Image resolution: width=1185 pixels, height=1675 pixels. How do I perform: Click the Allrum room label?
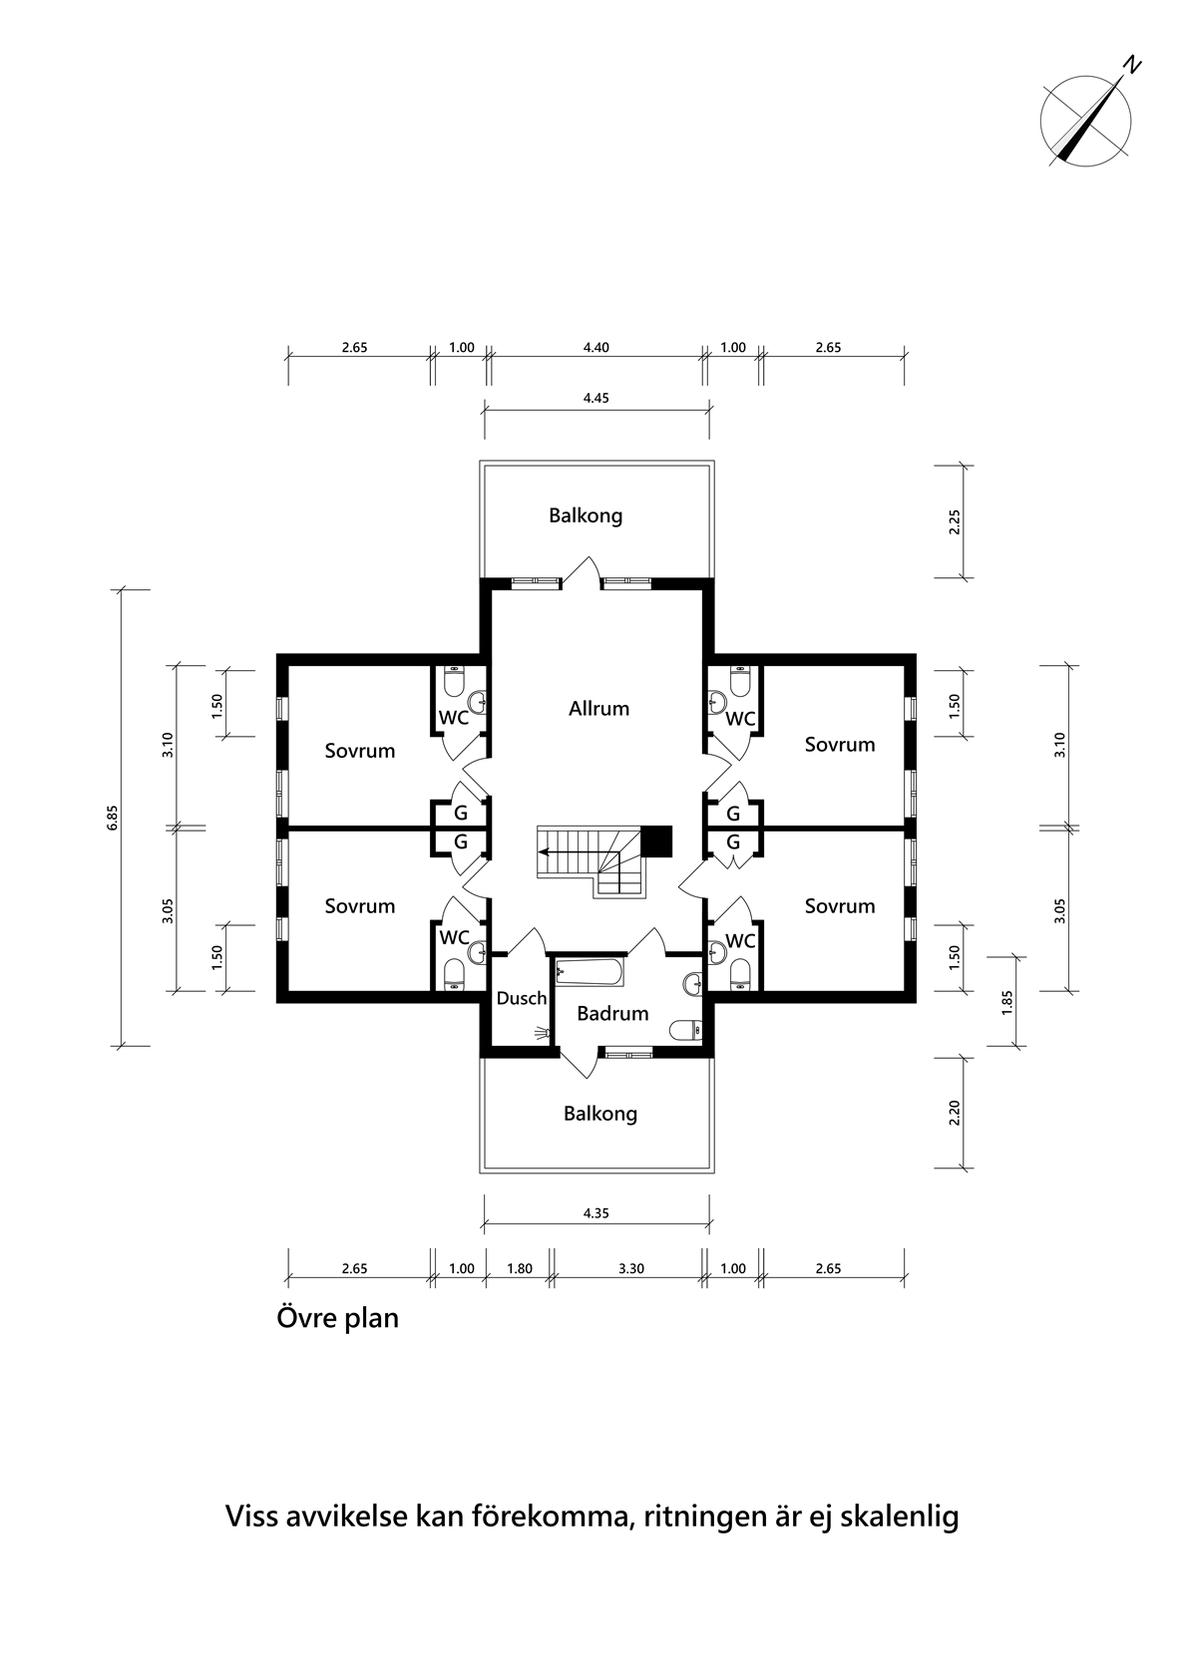[x=598, y=708]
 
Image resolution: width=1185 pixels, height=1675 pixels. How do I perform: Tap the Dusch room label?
[x=522, y=997]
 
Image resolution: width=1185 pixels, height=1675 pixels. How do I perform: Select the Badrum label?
[x=612, y=1013]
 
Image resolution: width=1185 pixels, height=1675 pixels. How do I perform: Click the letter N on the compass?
[x=1133, y=66]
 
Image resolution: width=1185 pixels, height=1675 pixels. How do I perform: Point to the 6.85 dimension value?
[x=112, y=818]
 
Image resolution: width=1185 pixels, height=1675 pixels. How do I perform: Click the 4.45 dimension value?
[x=596, y=398]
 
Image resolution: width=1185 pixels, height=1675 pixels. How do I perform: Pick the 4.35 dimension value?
[x=596, y=1212]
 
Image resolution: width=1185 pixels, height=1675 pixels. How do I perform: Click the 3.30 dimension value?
[x=631, y=1268]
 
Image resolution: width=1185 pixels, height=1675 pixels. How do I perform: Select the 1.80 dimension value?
[x=519, y=1268]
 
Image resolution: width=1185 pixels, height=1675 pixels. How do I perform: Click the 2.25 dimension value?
[x=954, y=522]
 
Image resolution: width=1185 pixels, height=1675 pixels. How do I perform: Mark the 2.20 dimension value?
[x=954, y=1113]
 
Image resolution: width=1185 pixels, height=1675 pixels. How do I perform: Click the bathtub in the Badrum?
[x=591, y=972]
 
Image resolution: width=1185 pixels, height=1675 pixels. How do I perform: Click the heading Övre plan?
[x=337, y=1318]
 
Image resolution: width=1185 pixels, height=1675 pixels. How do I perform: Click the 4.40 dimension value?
[x=596, y=347]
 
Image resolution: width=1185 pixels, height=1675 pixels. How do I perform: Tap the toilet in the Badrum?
[x=686, y=1030]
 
